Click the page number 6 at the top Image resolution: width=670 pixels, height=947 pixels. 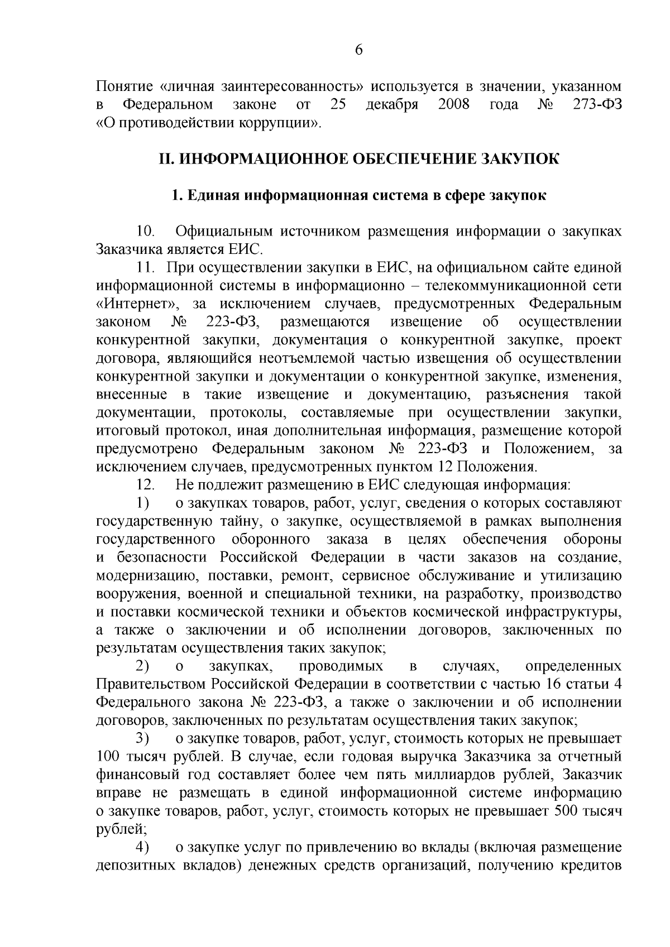(x=359, y=50)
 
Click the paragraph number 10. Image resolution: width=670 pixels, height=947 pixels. (x=147, y=232)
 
